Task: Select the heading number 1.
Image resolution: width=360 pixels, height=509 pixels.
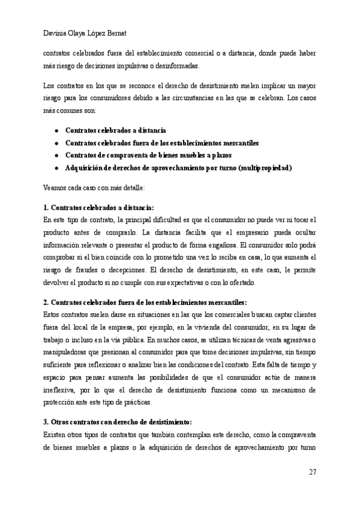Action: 46,208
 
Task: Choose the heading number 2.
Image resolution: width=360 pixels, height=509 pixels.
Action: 46,303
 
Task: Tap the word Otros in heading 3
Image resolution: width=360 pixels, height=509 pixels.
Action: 62,422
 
